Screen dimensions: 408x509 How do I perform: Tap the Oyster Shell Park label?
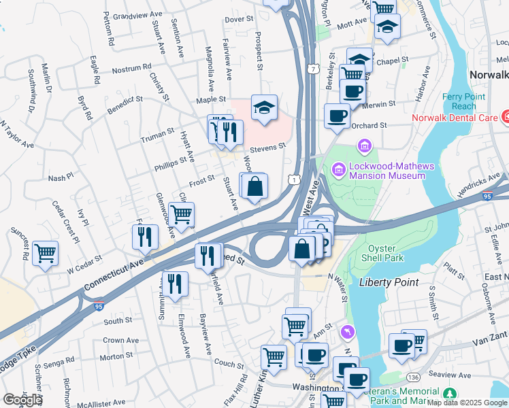pos(386,253)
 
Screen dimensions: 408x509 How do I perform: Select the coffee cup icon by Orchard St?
pos(337,116)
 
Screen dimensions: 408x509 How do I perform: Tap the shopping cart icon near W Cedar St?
pos(45,253)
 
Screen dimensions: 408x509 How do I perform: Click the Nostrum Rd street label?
pos(131,69)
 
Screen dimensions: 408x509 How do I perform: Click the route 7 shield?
pos(312,69)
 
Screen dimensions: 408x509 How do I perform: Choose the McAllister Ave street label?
pos(99,403)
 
